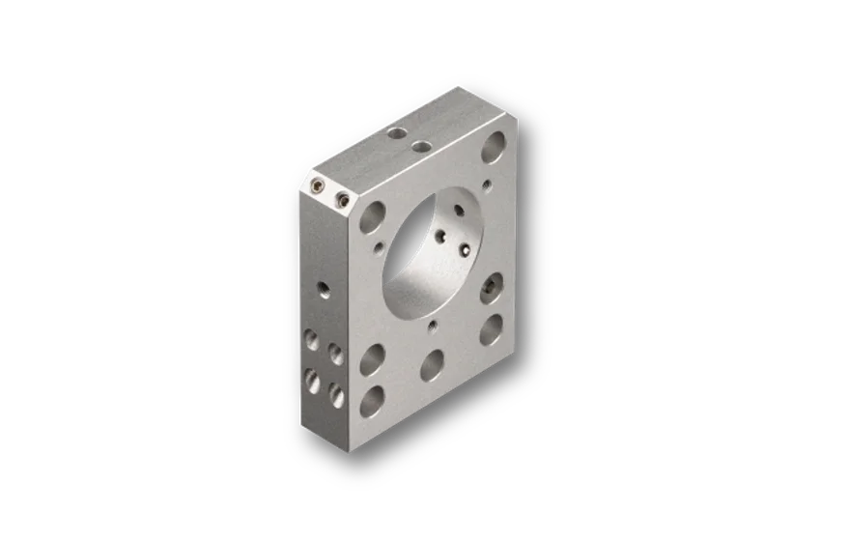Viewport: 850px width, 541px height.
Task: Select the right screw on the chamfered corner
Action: tap(341, 200)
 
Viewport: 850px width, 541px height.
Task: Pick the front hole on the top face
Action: tap(421, 147)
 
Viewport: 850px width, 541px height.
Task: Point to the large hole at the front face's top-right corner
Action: tap(494, 148)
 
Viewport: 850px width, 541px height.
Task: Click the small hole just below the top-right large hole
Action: tap(488, 183)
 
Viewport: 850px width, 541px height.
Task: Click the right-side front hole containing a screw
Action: tap(493, 286)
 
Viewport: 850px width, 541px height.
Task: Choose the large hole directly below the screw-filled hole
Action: tap(491, 329)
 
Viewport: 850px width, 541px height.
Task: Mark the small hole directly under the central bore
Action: tap(435, 326)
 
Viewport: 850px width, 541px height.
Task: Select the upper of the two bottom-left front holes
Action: tap(372, 361)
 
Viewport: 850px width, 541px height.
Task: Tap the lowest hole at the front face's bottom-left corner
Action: tap(371, 399)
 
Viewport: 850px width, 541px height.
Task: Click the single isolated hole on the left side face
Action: tap(323, 288)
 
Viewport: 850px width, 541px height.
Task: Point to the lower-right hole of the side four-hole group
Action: tap(335, 392)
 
